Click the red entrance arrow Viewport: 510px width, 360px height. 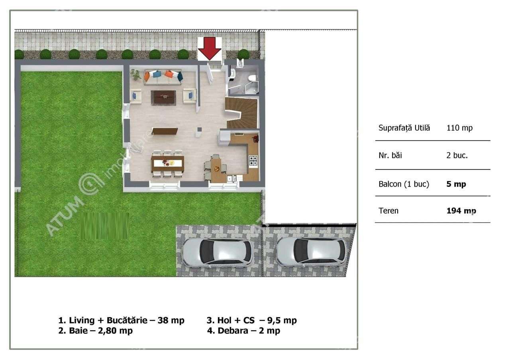pyautogui.click(x=210, y=47)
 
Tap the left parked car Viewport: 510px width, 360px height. pyautogui.click(x=217, y=252)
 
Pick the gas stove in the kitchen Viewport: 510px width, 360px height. pyautogui.click(x=253, y=160)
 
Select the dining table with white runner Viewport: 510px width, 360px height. pyautogui.click(x=167, y=163)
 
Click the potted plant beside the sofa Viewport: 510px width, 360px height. pyautogui.click(x=136, y=74)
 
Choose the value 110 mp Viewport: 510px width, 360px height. pyautogui.click(x=459, y=128)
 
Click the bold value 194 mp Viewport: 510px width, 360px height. pyautogui.click(x=461, y=211)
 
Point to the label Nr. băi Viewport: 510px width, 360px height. pyautogui.click(x=390, y=156)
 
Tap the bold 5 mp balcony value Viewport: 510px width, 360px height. pyautogui.click(x=456, y=184)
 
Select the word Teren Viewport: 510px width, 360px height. pyautogui.click(x=388, y=211)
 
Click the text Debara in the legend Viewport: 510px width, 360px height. pyautogui.click(x=232, y=331)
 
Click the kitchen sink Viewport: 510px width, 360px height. pyautogui.click(x=232, y=179)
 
